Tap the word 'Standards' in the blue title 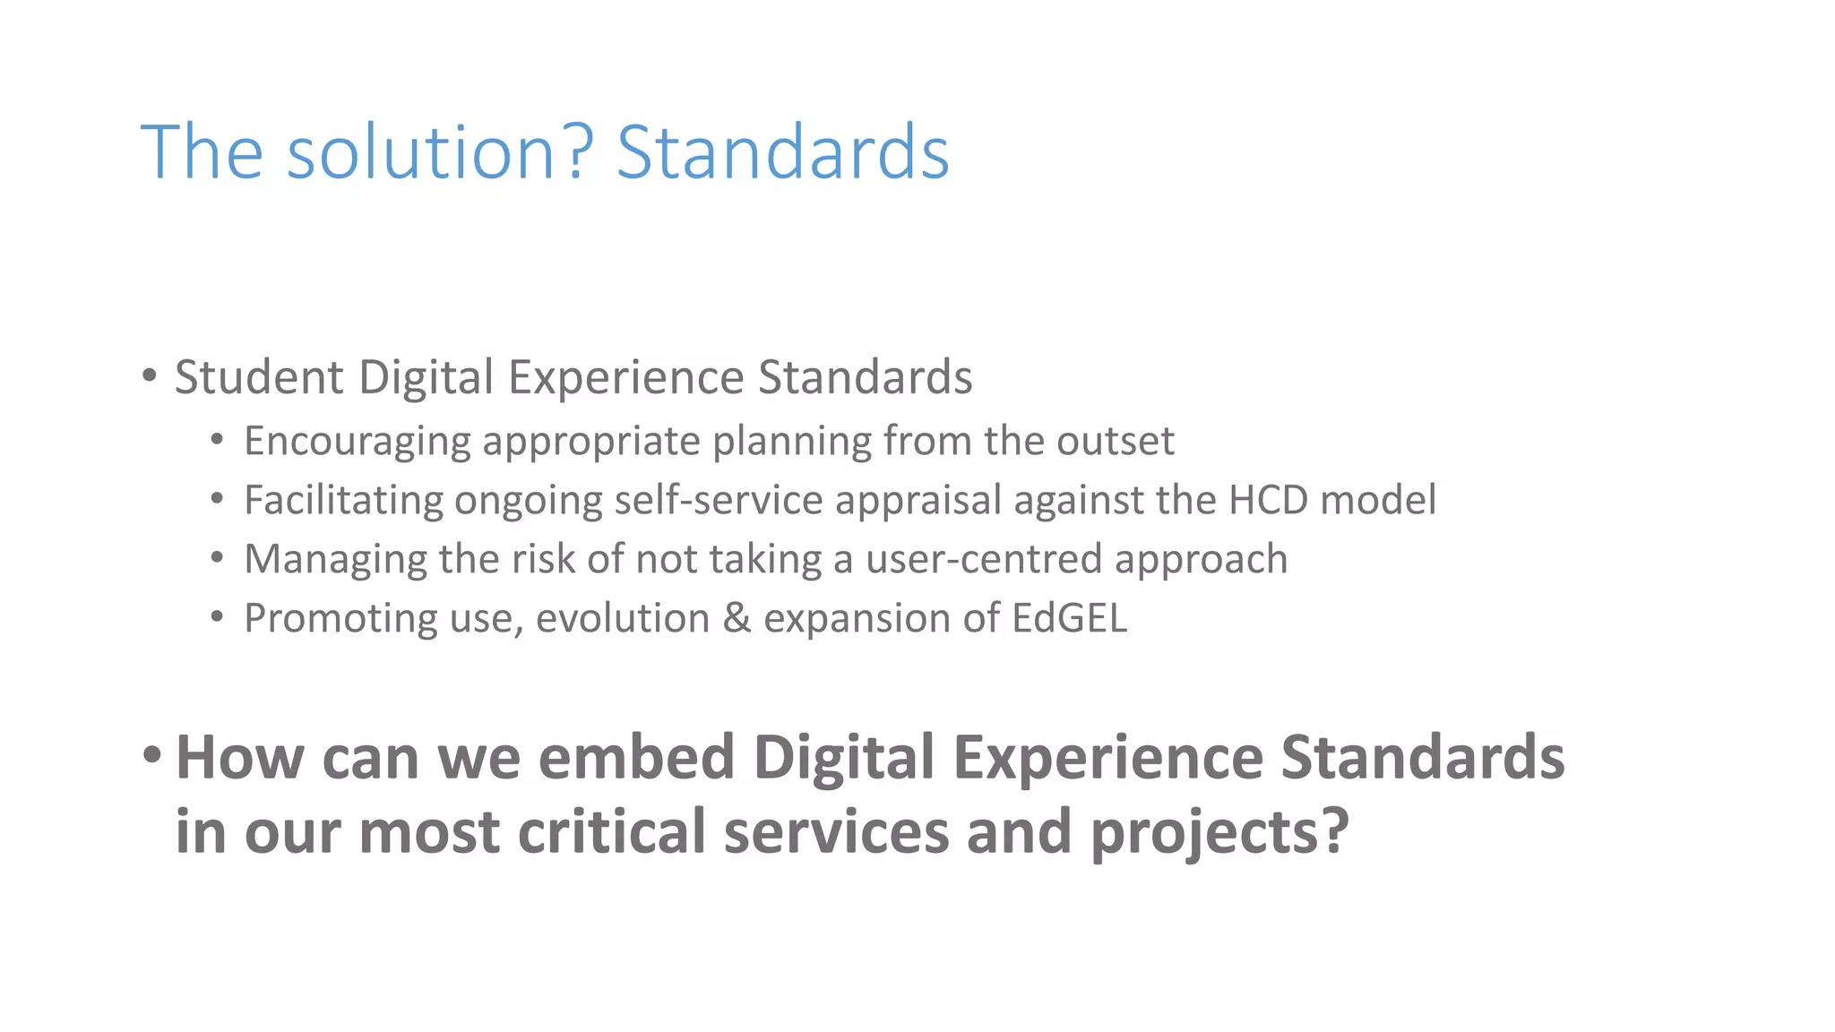782,152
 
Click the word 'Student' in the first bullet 259,377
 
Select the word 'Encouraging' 358,442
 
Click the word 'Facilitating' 343,500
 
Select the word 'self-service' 718,500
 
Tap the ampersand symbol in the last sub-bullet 737,618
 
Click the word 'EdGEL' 1069,618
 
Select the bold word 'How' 240,758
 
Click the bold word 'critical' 612,831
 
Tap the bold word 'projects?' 1219,831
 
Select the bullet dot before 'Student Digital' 150,375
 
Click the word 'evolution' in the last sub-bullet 623,618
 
